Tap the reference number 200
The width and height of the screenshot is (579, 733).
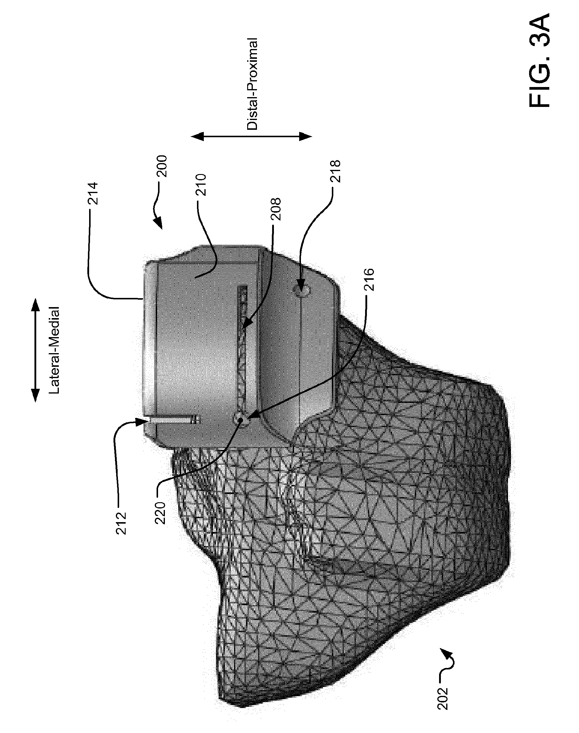pyautogui.click(x=162, y=166)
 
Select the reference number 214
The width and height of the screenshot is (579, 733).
pyautogui.click(x=93, y=194)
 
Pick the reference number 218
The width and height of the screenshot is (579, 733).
pyautogui.click(x=335, y=171)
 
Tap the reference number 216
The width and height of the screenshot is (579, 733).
pyautogui.click(x=370, y=279)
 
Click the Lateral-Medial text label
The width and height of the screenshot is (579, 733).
pyautogui.click(x=54, y=350)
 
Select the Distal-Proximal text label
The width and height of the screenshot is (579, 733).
pyautogui.click(x=252, y=84)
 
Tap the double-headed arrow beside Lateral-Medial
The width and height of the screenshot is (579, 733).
pyautogui.click(x=34, y=350)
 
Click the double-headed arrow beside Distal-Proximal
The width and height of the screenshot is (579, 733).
pyautogui.click(x=251, y=137)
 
